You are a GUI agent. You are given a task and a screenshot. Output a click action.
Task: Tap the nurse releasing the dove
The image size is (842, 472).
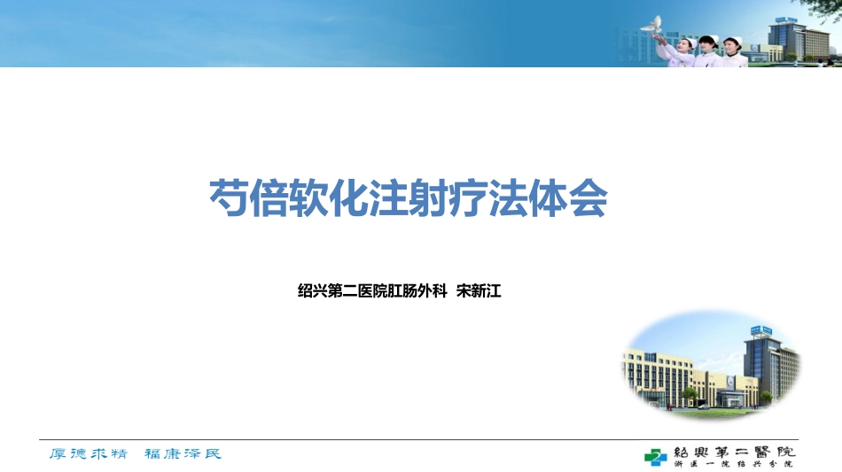coord(683,49)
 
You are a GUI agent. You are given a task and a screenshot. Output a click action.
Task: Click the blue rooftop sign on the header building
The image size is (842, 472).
coord(784,19)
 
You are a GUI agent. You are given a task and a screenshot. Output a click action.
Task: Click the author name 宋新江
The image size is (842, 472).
coord(479,290)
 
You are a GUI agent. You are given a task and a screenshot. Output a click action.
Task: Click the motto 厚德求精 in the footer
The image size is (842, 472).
coord(88,454)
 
